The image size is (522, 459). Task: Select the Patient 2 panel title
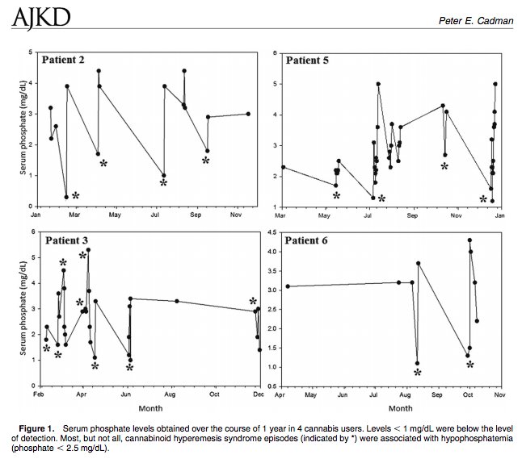[x=65, y=60]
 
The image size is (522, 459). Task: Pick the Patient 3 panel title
[x=65, y=240]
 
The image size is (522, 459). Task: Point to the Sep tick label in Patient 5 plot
[x=412, y=215]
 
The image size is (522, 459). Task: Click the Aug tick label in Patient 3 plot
[x=170, y=395]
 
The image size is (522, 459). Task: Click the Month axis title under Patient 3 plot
[x=148, y=408]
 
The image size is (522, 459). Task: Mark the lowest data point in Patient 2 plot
[x=66, y=197]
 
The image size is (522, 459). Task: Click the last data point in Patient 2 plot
[x=248, y=114]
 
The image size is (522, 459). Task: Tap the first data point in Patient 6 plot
[x=288, y=286]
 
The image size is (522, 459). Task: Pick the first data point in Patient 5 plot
[x=283, y=167]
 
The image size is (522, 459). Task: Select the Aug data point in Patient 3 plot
[x=177, y=301]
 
